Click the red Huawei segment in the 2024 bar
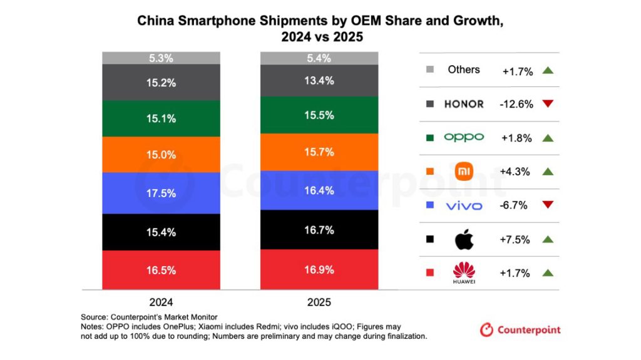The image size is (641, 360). point(161,270)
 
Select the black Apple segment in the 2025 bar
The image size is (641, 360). point(319,229)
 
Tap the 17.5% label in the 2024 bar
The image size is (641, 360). point(161,193)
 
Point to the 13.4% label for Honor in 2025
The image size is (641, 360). point(319,80)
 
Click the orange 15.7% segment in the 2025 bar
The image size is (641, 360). point(319,152)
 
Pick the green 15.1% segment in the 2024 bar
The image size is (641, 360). point(161,118)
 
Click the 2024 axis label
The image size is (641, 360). point(161,302)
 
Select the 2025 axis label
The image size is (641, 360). point(319,302)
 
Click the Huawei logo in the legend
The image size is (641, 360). point(464,273)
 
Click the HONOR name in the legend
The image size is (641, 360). point(464,104)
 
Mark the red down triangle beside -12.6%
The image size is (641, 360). point(549,104)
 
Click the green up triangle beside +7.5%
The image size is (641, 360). point(549,239)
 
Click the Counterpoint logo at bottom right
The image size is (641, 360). point(520,329)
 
